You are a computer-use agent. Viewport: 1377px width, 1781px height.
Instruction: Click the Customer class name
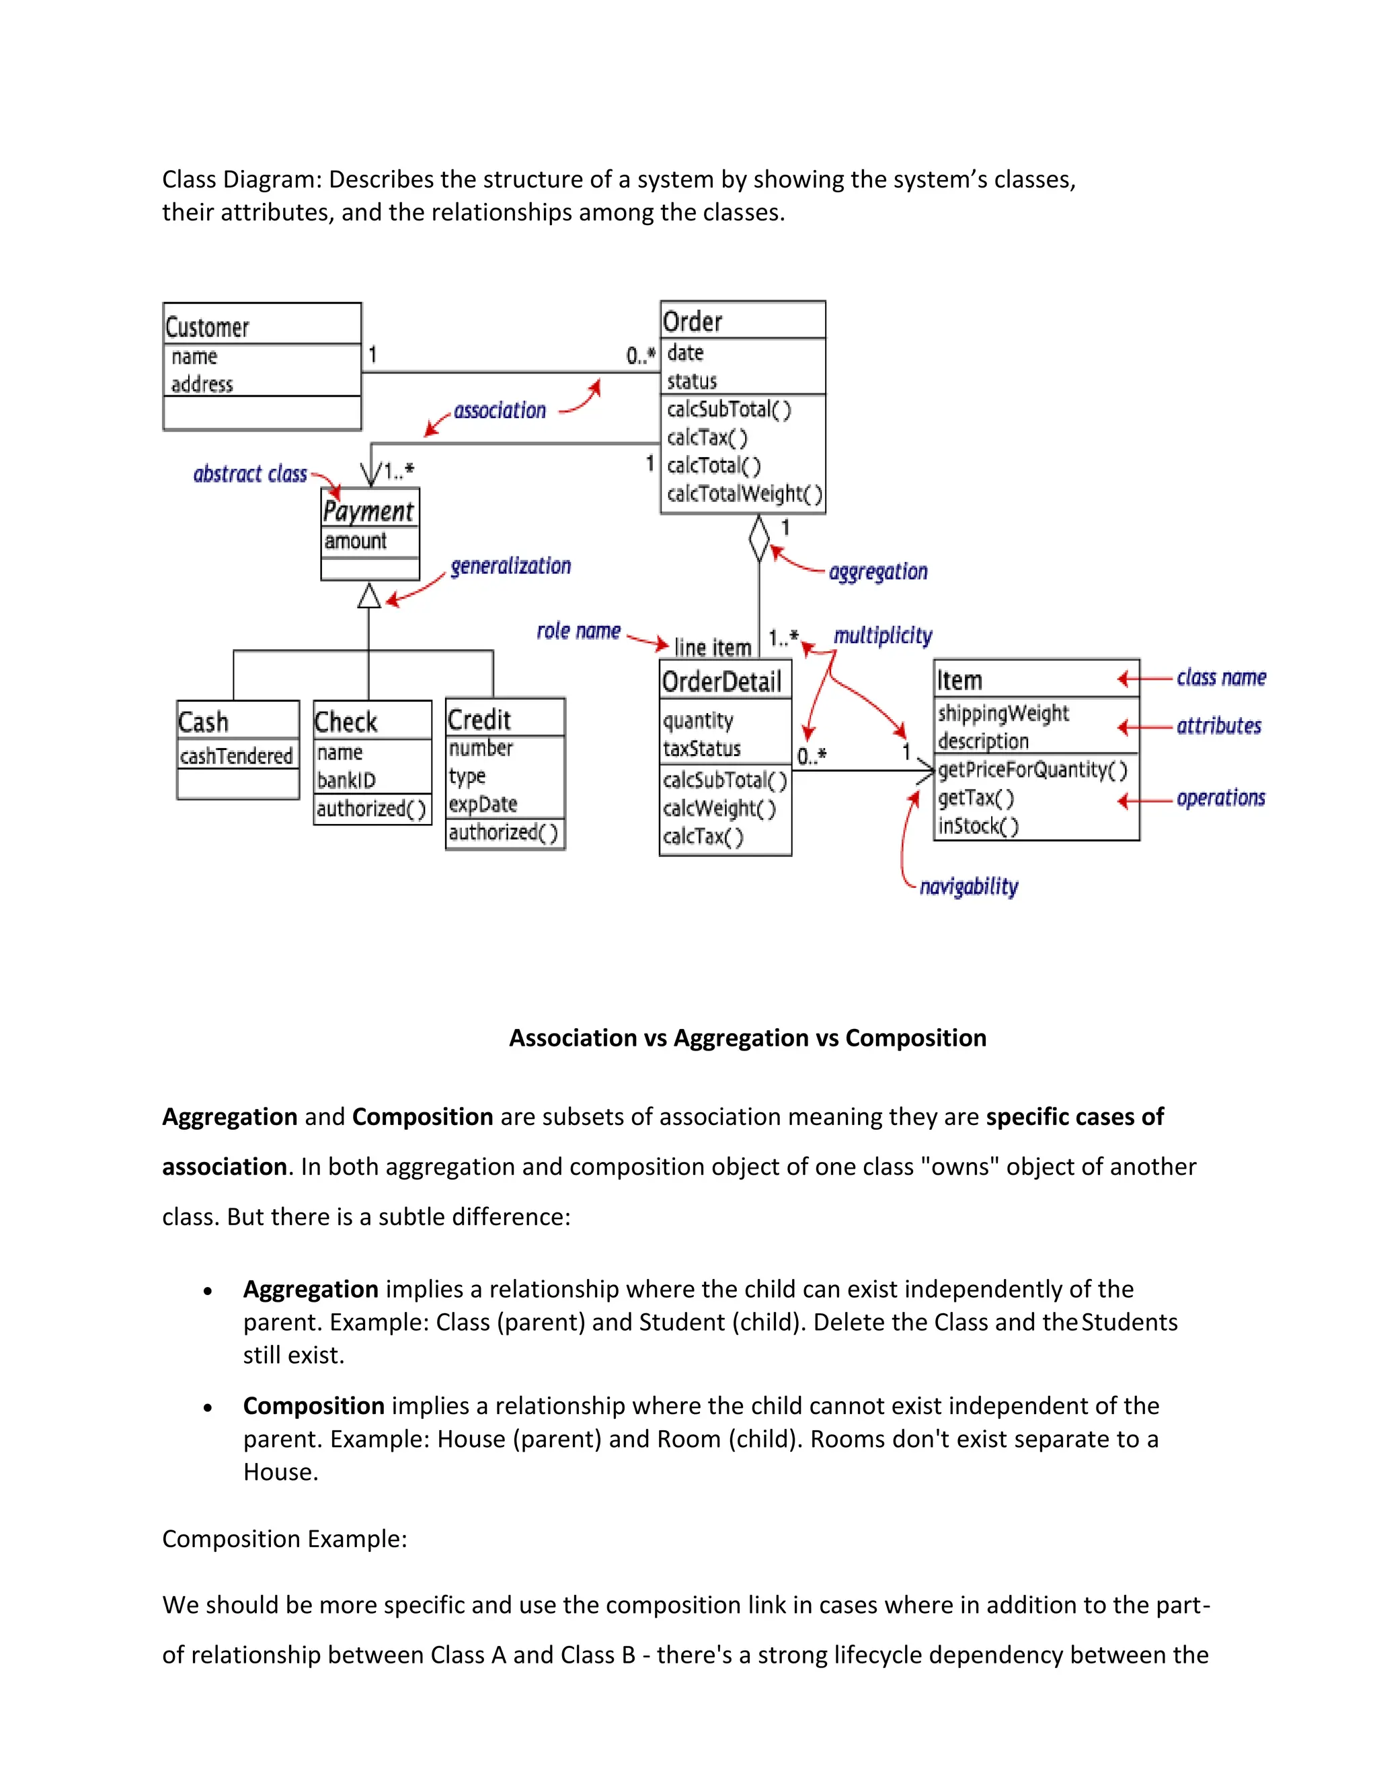[207, 327]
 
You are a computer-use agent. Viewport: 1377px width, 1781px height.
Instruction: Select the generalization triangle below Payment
[370, 596]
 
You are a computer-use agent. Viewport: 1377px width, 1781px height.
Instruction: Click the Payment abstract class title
[368, 511]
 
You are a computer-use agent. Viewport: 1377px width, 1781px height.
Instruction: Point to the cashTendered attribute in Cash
[236, 756]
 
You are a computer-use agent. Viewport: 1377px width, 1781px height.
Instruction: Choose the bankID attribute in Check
[346, 780]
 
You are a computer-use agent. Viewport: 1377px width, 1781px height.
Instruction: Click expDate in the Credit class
[483, 804]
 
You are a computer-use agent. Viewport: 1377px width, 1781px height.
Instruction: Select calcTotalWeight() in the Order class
[744, 493]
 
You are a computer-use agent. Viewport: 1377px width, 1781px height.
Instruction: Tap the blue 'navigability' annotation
[968, 886]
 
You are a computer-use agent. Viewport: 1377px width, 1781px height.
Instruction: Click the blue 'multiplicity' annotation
[883, 635]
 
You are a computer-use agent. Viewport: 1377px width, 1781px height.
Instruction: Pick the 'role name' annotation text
[578, 631]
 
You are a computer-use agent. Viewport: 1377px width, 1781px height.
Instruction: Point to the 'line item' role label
[712, 647]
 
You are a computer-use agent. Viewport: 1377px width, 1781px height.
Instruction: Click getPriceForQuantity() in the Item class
[1032, 770]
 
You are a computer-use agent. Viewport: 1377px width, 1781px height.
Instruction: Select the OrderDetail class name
[721, 681]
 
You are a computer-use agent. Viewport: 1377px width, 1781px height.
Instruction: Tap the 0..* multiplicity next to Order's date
[640, 356]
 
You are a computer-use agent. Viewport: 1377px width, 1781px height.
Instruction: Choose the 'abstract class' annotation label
[249, 474]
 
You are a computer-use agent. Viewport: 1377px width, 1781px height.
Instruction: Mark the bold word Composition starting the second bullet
[314, 1405]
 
